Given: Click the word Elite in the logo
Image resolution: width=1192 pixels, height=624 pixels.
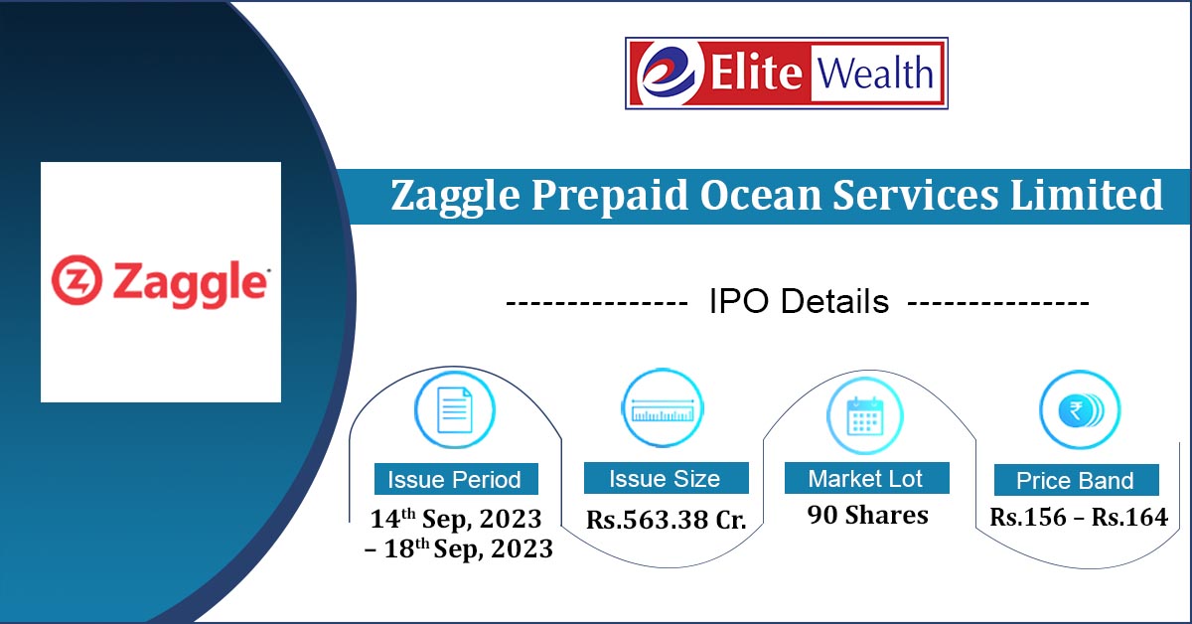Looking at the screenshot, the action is point(756,73).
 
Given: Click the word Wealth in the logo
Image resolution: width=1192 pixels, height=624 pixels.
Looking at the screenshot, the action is point(875,73).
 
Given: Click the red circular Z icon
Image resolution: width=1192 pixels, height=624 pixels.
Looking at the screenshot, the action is point(76,280).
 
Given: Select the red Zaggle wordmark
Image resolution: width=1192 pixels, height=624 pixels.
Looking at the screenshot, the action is point(190,284).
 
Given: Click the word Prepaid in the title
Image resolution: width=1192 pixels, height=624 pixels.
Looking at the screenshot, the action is point(610,196).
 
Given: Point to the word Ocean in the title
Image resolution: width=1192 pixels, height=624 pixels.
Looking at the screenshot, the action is point(761,195).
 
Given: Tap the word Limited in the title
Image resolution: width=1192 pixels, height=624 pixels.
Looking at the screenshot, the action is point(1087,195).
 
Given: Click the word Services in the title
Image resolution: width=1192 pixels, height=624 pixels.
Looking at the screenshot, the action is point(915,195).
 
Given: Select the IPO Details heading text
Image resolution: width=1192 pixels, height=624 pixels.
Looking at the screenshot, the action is point(800,302).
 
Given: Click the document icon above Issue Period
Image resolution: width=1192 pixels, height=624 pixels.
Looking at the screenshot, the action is point(455,410).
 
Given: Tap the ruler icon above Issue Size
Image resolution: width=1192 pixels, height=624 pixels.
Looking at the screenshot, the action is point(663,408).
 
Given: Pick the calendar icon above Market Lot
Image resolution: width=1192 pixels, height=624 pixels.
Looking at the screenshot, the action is point(865,414).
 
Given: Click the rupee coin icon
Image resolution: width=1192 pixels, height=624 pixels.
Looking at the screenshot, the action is point(1080,410).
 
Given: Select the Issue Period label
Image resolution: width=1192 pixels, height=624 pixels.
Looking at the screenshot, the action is point(455,480).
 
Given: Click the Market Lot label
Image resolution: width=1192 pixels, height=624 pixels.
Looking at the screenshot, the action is point(865,479).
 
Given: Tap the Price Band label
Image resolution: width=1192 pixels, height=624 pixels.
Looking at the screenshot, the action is point(1075,481).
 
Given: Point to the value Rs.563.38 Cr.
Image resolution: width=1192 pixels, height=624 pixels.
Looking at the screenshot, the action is point(666,520).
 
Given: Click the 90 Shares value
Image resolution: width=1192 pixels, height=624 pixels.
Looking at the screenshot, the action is point(867,515).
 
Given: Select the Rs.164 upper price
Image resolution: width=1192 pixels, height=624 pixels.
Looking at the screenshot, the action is point(1129,517).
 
